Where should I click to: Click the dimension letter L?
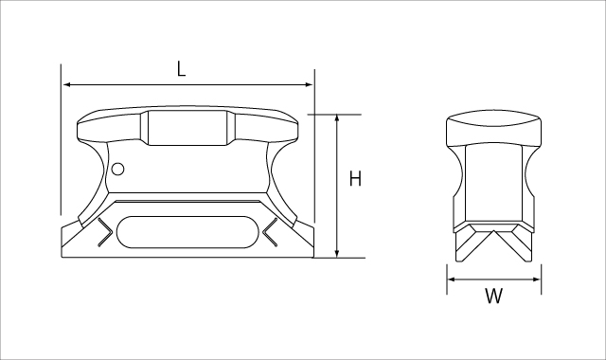[181, 69]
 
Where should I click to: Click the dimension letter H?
[355, 179]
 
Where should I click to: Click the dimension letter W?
[493, 297]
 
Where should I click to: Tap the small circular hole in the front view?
[117, 170]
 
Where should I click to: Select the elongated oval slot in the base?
[187, 231]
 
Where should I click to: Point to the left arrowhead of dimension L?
[66, 84]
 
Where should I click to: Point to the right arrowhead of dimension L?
[309, 84]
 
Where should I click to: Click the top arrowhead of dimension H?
[337, 118]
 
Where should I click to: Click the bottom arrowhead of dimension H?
[337, 253]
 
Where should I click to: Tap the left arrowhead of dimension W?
[452, 279]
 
